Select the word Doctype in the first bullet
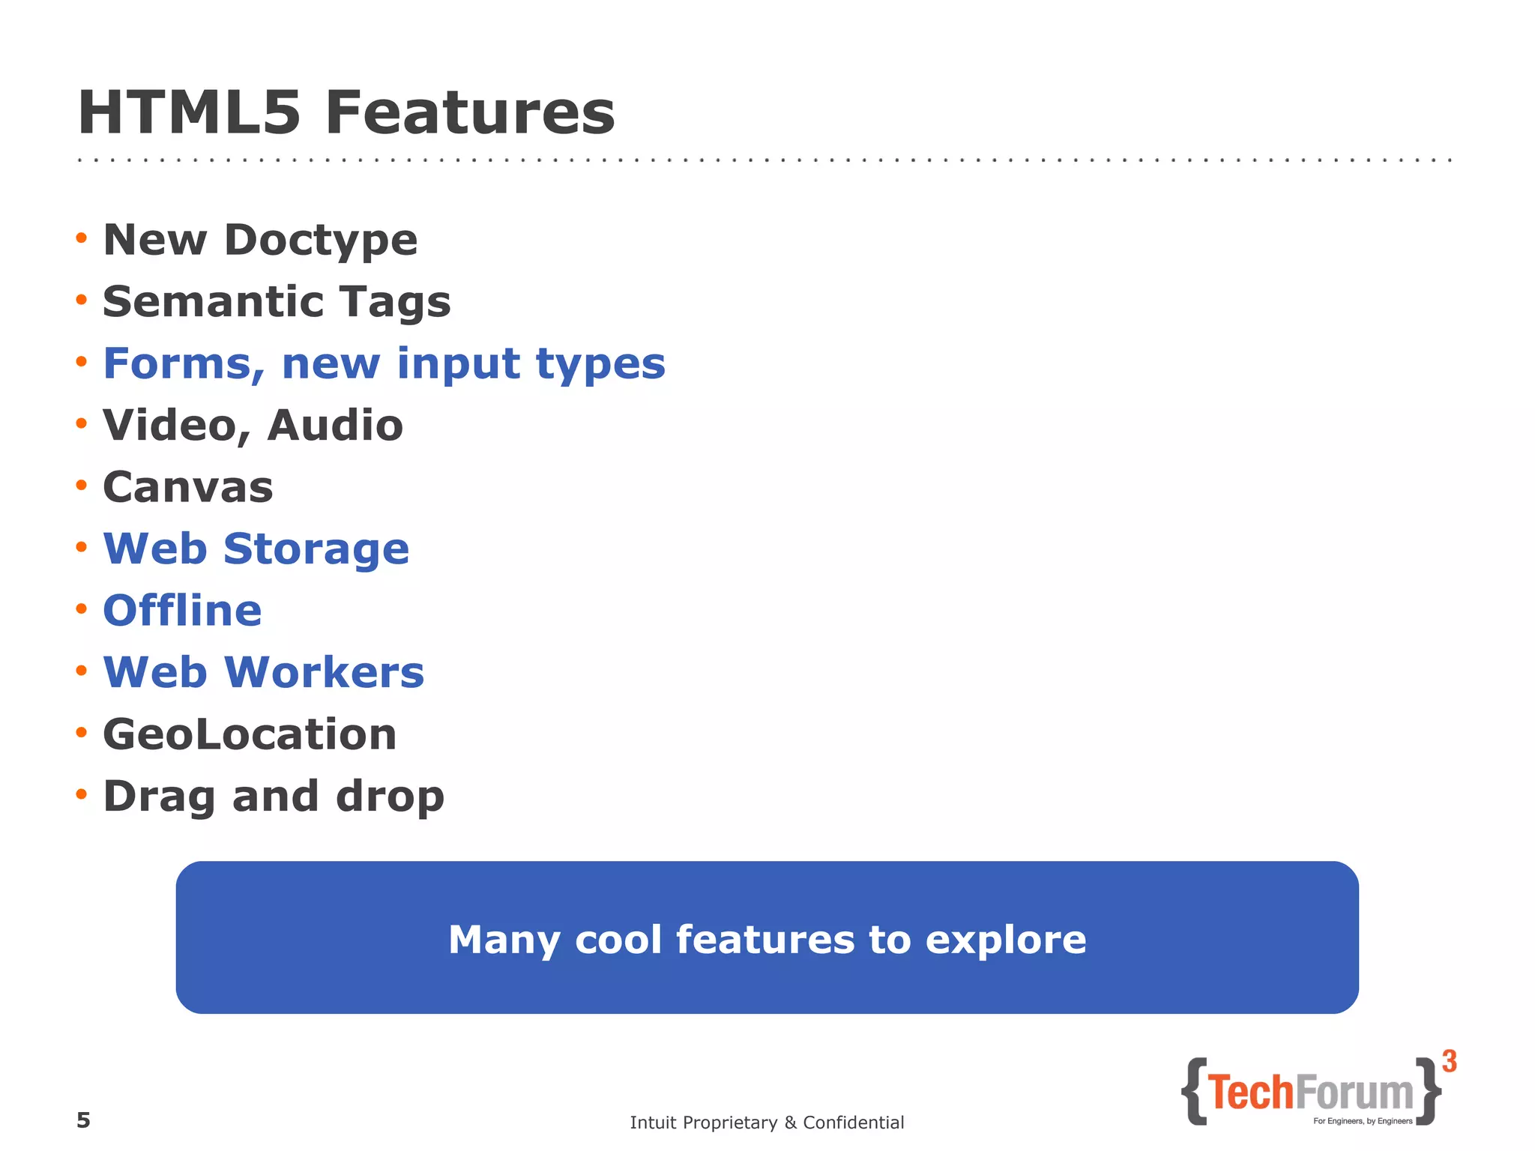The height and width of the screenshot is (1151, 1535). (x=321, y=241)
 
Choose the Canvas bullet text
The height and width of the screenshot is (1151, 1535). (x=188, y=487)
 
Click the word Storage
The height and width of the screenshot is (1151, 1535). (x=316, y=549)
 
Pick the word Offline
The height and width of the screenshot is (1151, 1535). (x=182, y=610)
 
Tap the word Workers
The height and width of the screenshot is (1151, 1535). (x=324, y=672)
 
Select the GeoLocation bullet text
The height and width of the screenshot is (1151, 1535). (x=250, y=734)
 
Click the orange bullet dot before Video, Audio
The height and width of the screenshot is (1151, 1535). (x=82, y=424)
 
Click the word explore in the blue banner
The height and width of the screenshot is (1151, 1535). (x=1006, y=940)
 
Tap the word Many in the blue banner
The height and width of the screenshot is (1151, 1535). (x=504, y=940)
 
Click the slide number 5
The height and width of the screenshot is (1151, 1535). (x=83, y=1120)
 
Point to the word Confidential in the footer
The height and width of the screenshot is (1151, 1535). (x=853, y=1123)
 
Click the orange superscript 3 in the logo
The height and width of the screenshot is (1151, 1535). (x=1450, y=1062)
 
